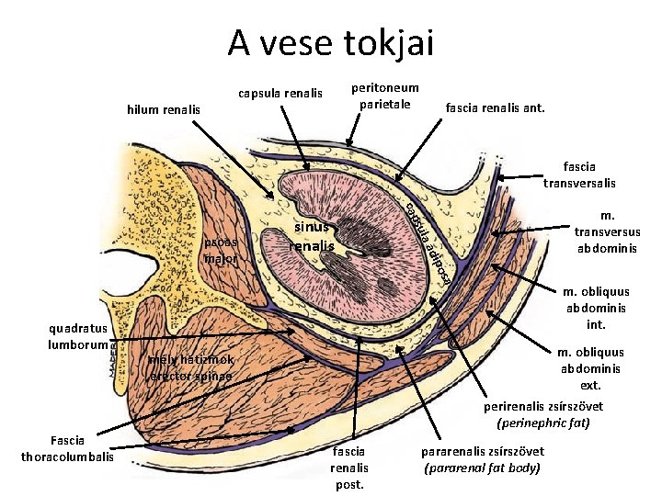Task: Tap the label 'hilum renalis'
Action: click(164, 110)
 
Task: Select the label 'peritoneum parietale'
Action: click(384, 96)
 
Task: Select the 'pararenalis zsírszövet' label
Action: click(482, 451)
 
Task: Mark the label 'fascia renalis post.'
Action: click(348, 468)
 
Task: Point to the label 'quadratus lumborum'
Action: click(79, 335)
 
